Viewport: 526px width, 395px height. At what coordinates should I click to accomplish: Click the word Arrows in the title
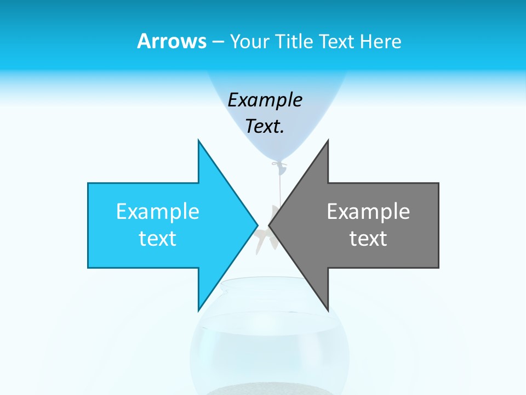click(x=171, y=41)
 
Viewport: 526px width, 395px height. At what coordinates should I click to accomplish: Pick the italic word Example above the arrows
click(x=265, y=100)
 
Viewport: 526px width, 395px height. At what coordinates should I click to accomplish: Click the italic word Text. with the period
click(x=265, y=126)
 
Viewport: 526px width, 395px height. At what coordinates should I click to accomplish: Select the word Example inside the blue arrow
click(x=158, y=212)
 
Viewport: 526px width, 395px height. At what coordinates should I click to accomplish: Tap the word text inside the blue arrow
click(x=158, y=238)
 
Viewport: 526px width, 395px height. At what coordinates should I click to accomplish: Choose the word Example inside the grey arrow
click(x=368, y=212)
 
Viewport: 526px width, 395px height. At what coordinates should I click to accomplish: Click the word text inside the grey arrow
click(x=368, y=238)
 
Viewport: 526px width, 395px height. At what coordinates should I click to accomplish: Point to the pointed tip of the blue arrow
click(x=257, y=224)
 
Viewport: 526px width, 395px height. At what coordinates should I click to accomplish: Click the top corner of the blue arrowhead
click(x=198, y=140)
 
